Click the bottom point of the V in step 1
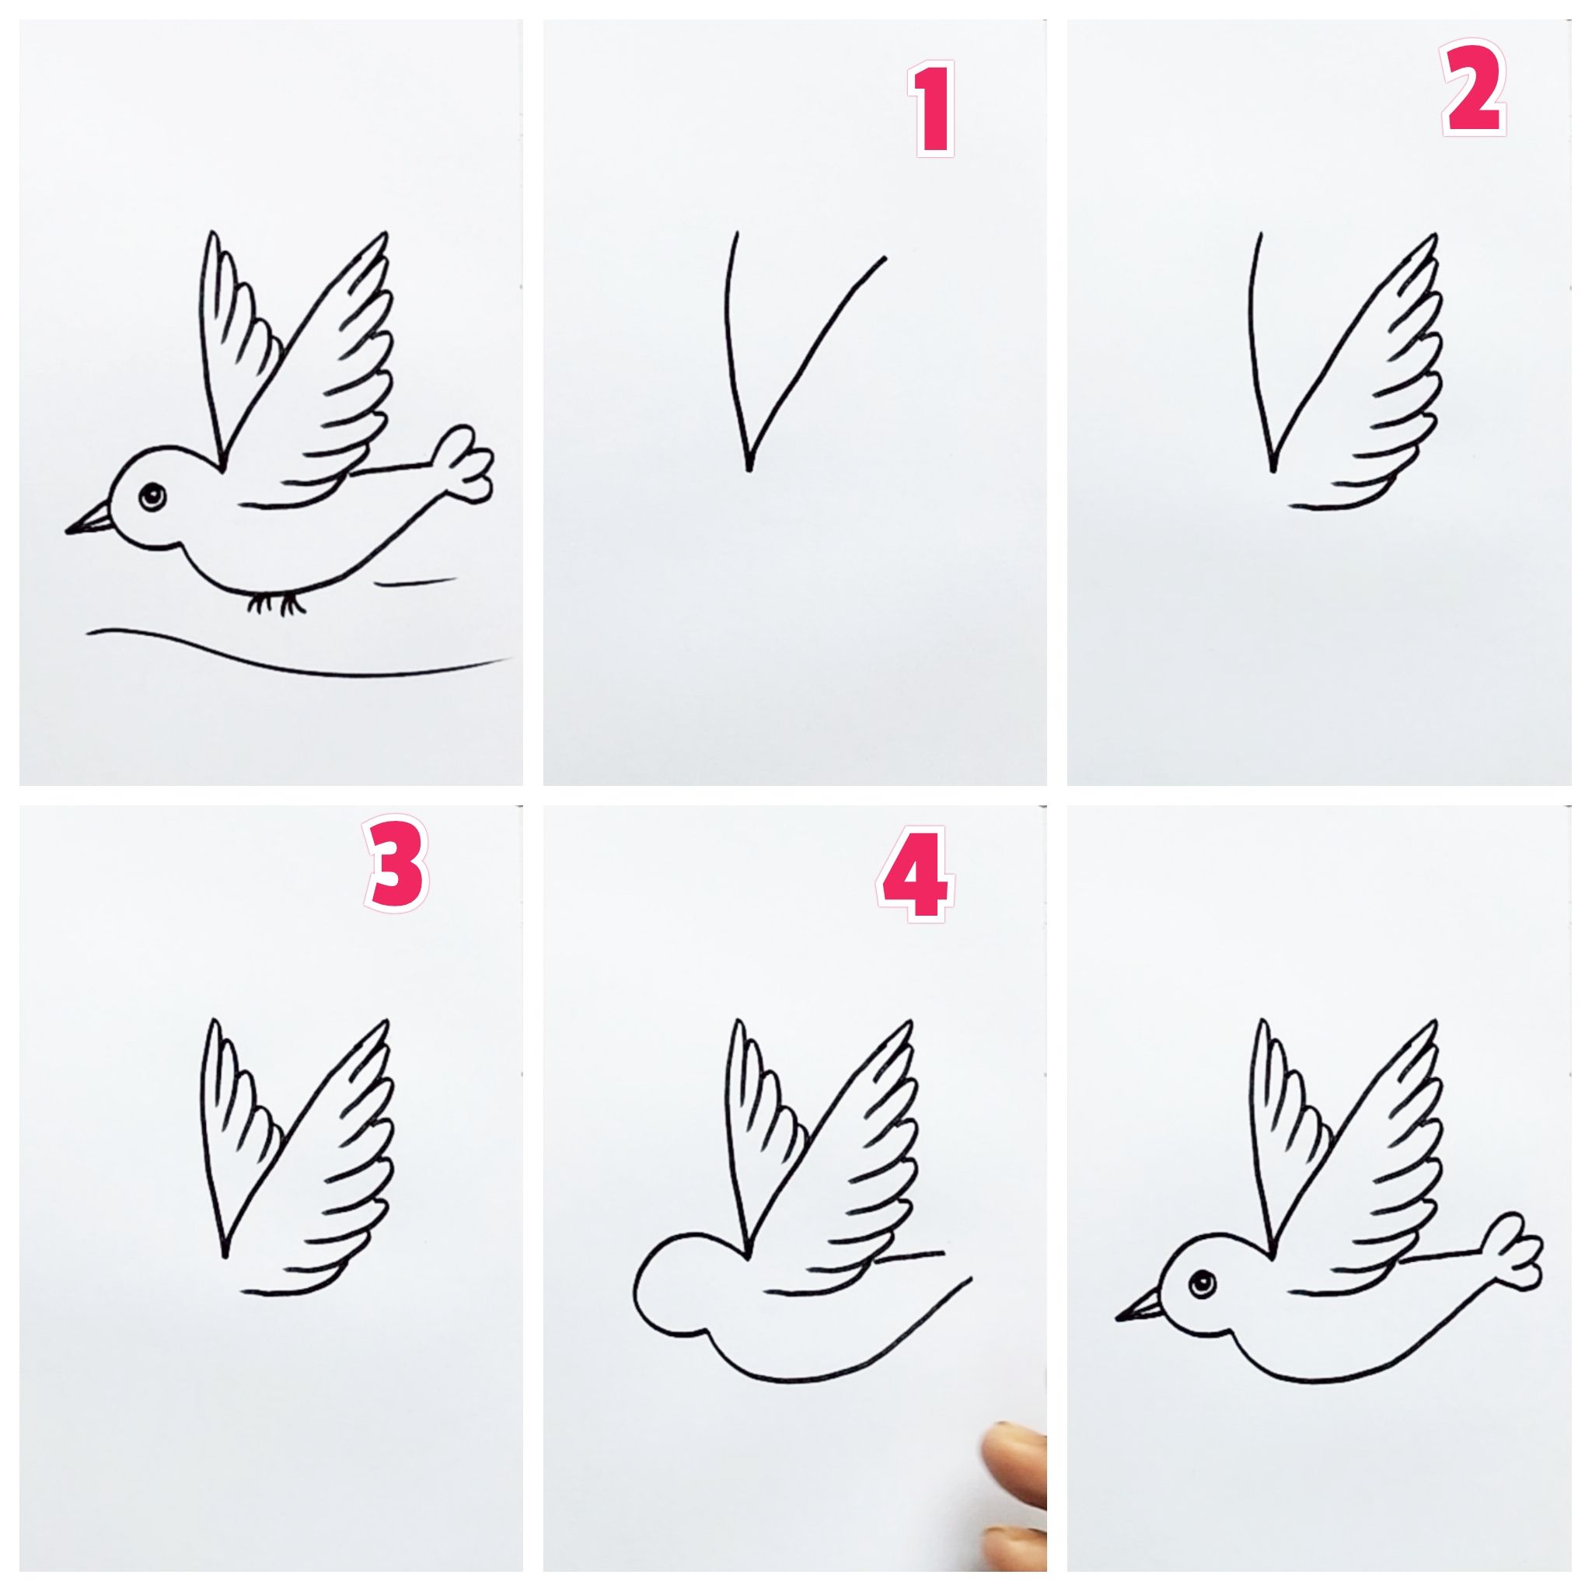[749, 470]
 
